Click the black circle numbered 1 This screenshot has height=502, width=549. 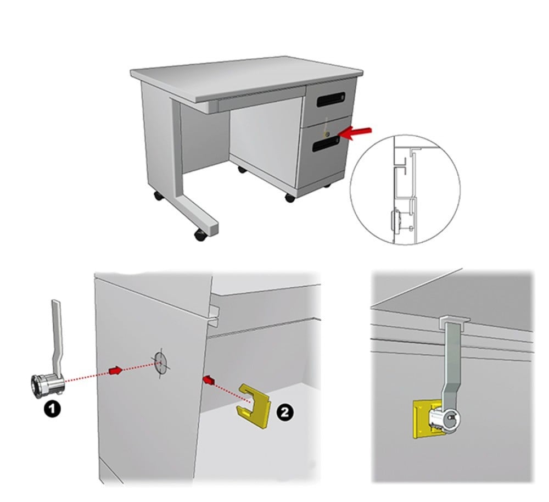52,410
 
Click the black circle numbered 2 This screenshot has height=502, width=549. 284,412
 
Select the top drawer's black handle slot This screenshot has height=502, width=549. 331,99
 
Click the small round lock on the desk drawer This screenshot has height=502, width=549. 327,134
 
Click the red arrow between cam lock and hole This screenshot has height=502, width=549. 116,370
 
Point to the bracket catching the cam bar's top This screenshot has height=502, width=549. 454,322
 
